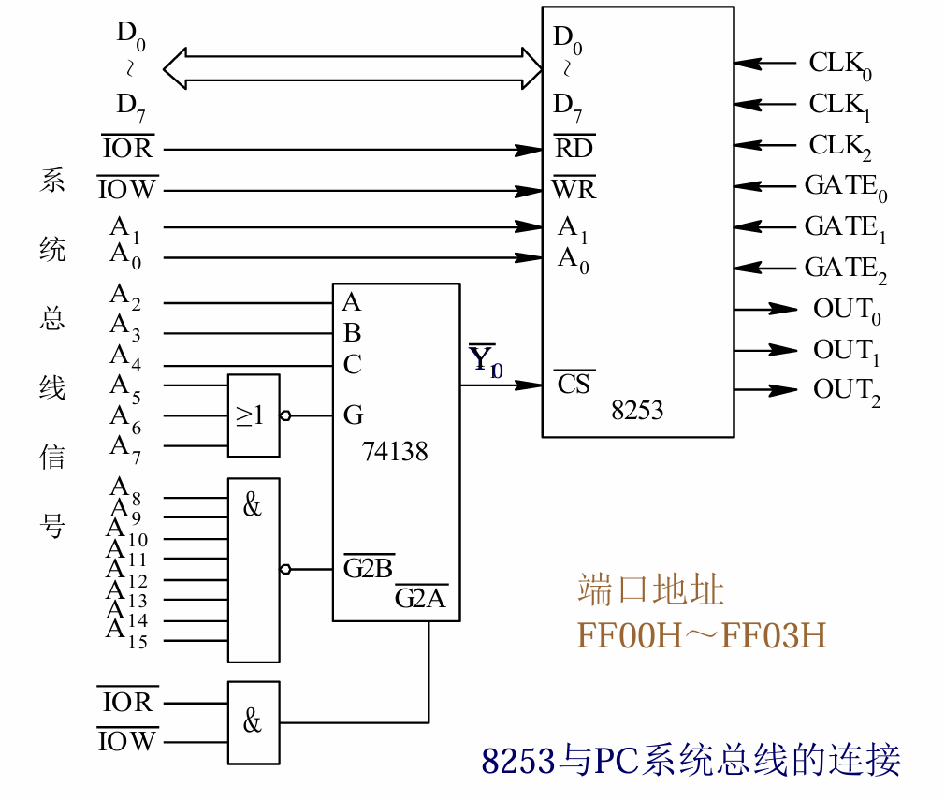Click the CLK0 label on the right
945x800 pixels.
839,65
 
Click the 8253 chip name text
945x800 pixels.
637,410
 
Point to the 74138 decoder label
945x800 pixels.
395,452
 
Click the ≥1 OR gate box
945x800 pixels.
254,415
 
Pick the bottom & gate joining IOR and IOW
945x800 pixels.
254,721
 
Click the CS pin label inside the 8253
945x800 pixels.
574,384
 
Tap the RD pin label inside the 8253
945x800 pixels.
574,148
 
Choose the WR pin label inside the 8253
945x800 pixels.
574,190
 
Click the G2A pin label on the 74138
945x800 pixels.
420,598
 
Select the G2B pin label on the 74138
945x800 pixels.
368,568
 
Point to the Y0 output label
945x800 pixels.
485,360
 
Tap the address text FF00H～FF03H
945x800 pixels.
702,635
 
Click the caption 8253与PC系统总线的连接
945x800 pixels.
691,760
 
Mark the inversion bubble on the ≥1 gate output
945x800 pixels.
284,416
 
